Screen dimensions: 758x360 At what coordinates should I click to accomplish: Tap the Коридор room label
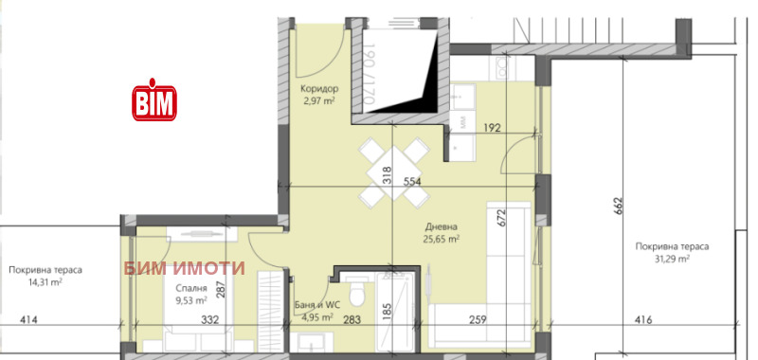319,89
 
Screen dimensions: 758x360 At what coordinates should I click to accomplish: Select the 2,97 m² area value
318,100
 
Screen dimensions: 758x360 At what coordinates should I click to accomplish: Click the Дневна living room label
441,226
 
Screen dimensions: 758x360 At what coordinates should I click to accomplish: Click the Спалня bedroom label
191,289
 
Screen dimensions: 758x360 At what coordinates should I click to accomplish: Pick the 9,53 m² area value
191,300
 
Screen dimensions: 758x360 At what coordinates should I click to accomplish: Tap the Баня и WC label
317,305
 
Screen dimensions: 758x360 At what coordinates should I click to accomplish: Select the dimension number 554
412,182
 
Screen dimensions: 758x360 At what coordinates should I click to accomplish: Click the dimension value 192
492,128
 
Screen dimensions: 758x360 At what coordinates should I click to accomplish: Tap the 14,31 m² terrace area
45,282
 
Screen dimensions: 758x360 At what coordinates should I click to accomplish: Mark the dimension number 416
643,319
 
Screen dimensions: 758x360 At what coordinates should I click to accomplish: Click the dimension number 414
28,319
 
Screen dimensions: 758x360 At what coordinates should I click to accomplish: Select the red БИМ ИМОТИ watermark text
184,268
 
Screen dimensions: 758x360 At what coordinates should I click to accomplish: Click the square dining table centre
393,172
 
